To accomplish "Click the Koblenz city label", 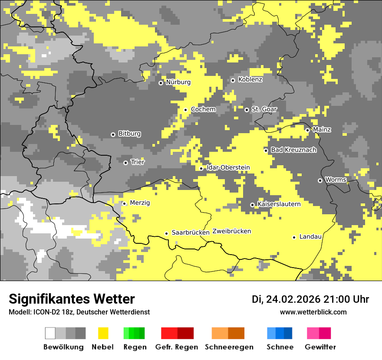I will point(250,79).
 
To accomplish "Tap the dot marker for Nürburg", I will point(161,83).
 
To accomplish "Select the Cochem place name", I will point(203,109).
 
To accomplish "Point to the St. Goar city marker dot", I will point(247,110).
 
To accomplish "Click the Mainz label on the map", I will point(322,129).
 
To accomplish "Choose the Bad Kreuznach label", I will point(293,150).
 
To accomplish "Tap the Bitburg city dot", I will point(113,134).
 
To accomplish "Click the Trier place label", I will point(138,162).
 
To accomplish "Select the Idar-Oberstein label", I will point(228,167).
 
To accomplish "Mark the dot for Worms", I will point(320,180).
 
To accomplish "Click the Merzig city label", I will point(140,203).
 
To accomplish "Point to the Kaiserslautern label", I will point(279,204).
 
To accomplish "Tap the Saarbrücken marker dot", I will point(166,233).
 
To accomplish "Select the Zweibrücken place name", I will point(231,231).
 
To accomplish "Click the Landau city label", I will point(310,236).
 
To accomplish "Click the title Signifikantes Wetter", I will point(72,299).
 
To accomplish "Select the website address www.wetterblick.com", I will point(313,312).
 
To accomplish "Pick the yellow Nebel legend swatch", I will point(103,333).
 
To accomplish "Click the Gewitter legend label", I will point(320,347).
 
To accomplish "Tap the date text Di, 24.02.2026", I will point(286,299).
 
